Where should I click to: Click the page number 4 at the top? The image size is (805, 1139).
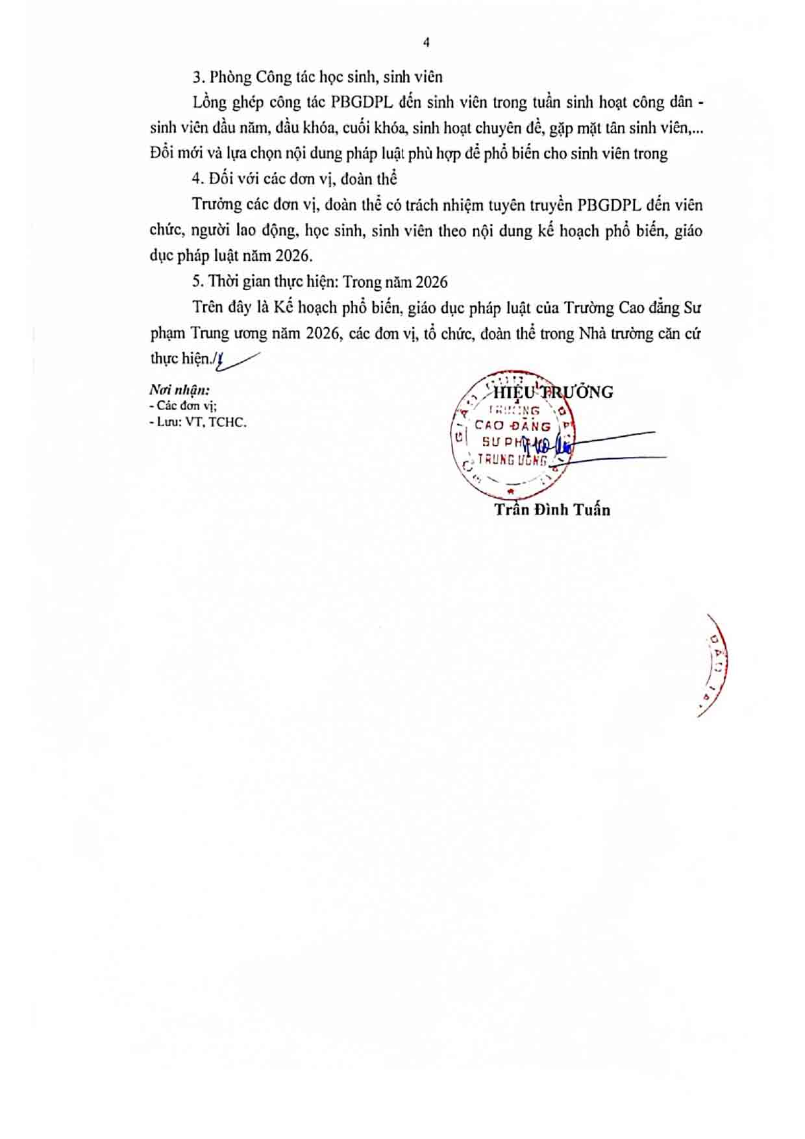(x=426, y=43)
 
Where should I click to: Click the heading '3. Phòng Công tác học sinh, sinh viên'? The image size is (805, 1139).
(x=317, y=77)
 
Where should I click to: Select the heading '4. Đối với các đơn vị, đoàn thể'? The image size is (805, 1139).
(x=294, y=178)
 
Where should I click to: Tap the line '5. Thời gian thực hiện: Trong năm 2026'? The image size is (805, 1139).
(x=319, y=282)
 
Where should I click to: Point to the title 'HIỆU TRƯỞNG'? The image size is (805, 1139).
(x=553, y=392)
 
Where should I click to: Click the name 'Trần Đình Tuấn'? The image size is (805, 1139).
(x=552, y=509)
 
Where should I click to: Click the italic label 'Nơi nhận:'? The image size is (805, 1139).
(x=179, y=390)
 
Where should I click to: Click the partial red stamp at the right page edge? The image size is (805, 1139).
(x=714, y=665)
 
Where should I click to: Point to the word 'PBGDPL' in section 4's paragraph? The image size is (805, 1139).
(x=609, y=205)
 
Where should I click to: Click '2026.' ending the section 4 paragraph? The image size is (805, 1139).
(x=294, y=256)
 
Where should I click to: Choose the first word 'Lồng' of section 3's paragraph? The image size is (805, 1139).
(x=208, y=103)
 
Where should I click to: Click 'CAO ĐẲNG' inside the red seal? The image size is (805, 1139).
(x=513, y=426)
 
